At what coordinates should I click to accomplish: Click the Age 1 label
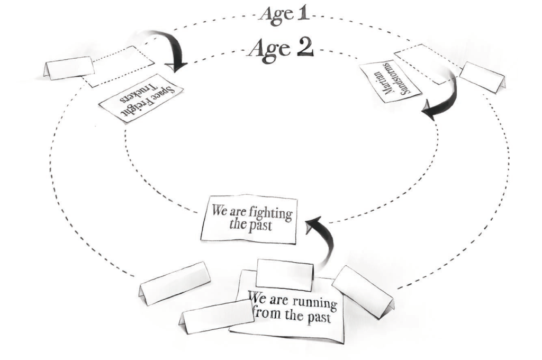(284, 15)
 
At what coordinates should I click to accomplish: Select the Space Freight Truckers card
(141, 98)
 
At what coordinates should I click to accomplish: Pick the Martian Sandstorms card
(391, 82)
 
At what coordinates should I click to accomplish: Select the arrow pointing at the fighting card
(323, 239)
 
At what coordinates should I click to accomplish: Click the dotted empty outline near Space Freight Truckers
(119, 66)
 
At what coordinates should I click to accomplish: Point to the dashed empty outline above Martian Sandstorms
(427, 64)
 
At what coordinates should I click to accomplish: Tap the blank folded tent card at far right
(483, 77)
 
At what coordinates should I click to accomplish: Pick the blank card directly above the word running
(284, 275)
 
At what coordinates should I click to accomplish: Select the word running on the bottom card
(314, 303)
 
